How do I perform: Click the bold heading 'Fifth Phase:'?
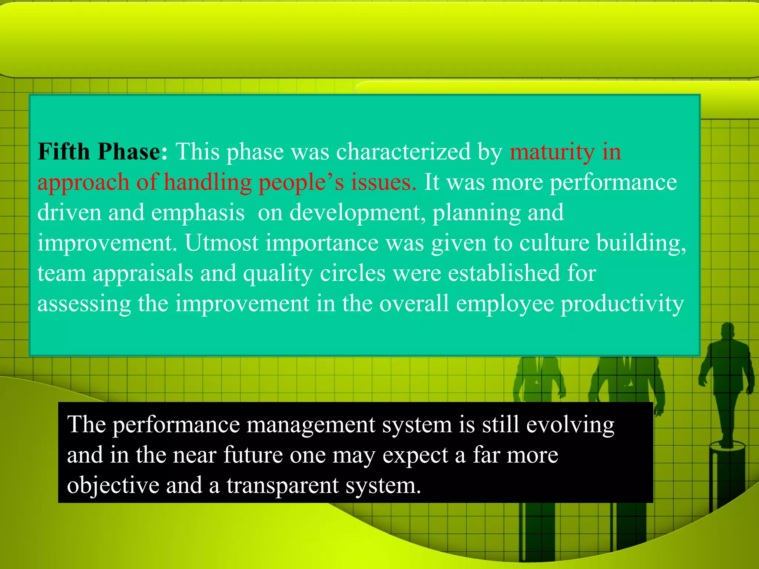tap(103, 152)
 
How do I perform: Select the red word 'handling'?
tap(208, 183)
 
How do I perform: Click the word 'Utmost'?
tap(222, 243)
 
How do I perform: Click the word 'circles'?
tap(353, 273)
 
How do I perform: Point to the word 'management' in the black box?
tap(311, 425)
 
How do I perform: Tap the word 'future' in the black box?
tap(253, 455)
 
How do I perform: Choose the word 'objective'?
tap(113, 486)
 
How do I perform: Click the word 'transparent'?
tap(283, 486)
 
